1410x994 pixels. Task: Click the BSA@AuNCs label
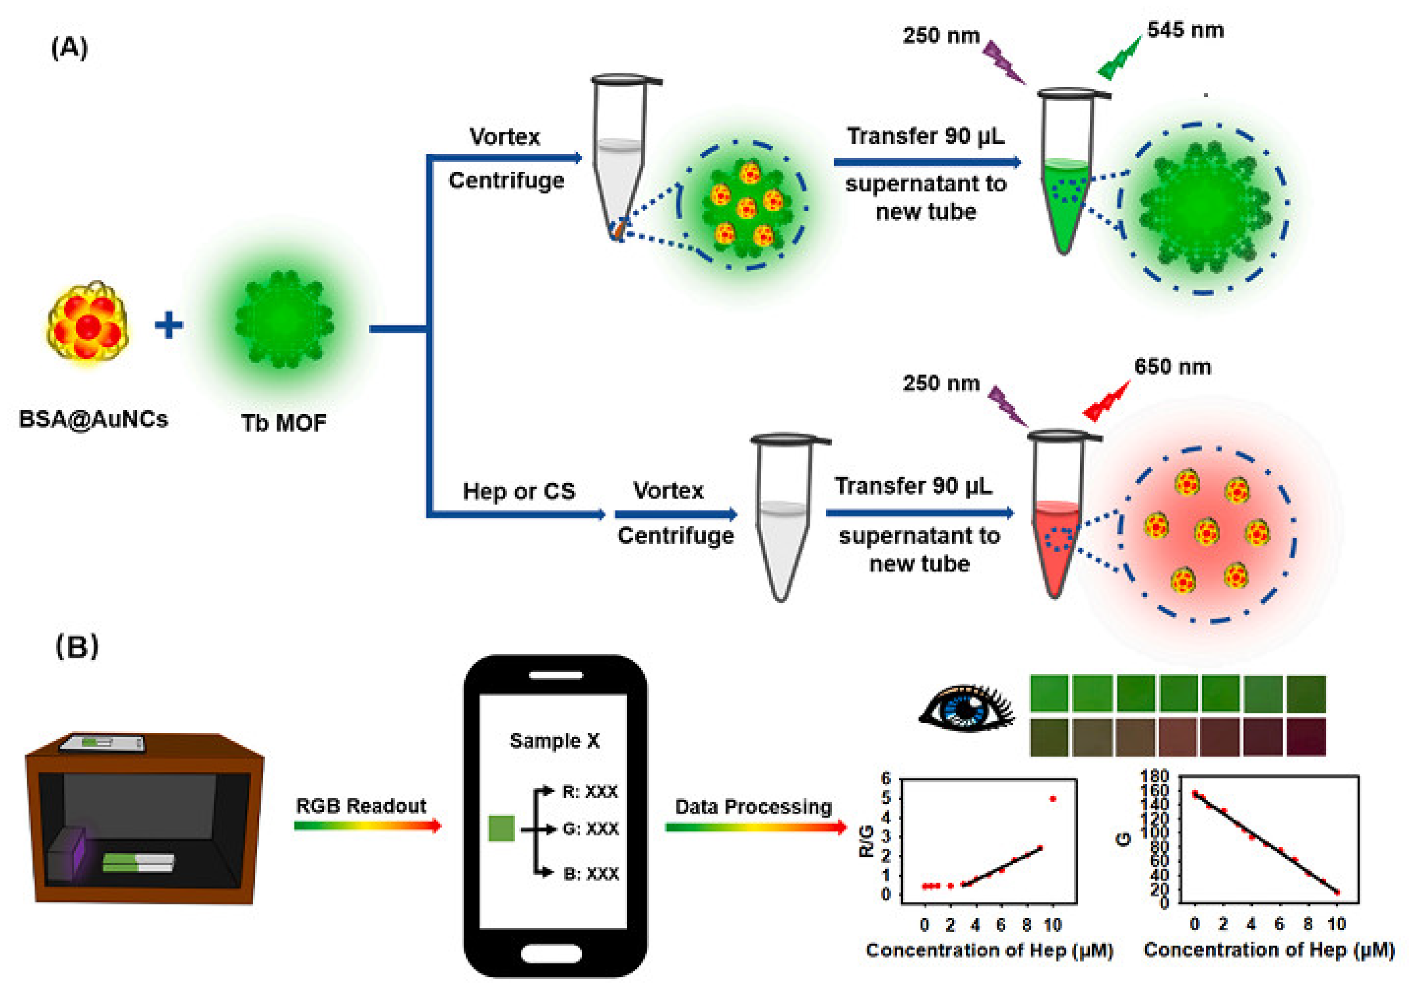(x=93, y=420)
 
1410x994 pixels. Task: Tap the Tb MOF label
(x=284, y=423)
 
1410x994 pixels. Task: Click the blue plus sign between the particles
(x=169, y=325)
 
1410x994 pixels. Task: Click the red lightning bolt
(x=1106, y=403)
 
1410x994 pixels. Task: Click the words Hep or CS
(x=519, y=492)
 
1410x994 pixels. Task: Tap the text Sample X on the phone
(x=555, y=741)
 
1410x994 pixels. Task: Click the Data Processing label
(x=753, y=807)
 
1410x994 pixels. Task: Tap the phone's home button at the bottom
(x=551, y=954)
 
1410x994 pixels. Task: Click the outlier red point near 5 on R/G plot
(x=1053, y=799)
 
